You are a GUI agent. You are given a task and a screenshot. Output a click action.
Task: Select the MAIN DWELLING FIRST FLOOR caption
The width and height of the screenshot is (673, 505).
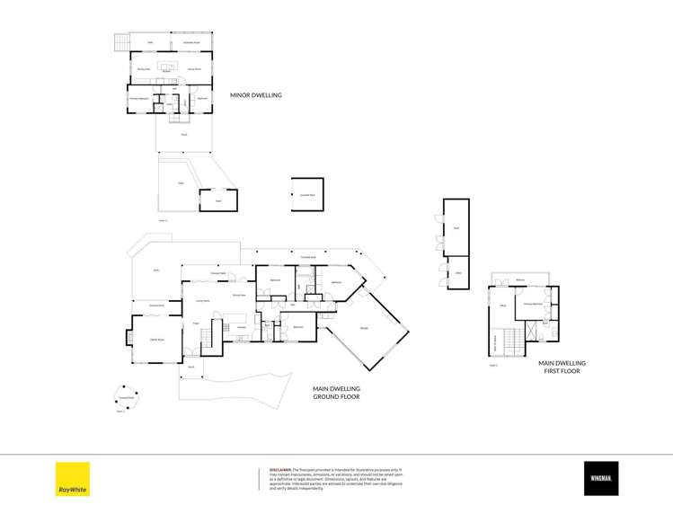tap(562, 367)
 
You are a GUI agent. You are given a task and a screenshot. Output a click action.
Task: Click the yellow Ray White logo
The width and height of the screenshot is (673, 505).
tap(73, 478)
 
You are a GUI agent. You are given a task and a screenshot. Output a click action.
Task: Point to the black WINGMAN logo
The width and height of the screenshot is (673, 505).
tap(600, 478)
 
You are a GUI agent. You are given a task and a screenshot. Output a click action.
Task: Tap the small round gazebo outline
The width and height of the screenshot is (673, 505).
tap(127, 396)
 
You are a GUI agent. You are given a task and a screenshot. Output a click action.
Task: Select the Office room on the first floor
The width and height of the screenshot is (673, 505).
tap(503, 306)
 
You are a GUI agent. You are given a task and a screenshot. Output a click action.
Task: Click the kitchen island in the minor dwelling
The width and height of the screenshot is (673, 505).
tap(167, 66)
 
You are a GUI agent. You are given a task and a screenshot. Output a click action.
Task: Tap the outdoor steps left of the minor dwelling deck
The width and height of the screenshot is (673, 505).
tap(117, 42)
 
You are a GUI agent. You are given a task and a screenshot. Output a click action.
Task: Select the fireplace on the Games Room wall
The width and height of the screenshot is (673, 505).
tap(128, 339)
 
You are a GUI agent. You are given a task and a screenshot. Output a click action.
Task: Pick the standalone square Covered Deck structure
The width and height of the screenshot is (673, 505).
tap(306, 194)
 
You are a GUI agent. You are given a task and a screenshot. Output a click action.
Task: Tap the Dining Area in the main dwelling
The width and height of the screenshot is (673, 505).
tap(239, 295)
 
